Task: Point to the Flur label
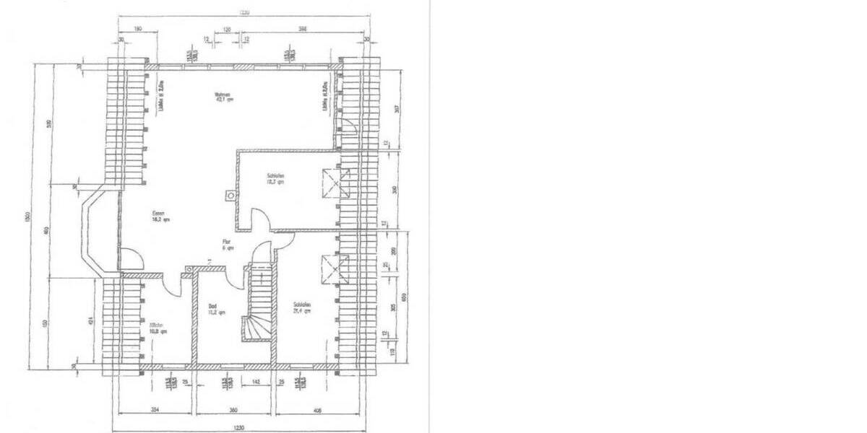228,243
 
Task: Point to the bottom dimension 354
155,408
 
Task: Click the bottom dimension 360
233,408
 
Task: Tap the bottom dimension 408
319,408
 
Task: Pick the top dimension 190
137,30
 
